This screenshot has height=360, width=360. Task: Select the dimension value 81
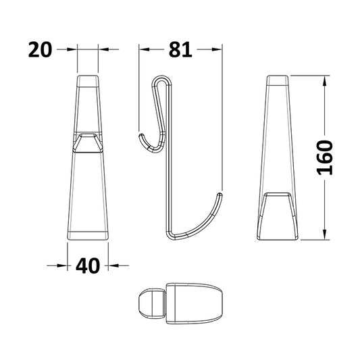[x=180, y=49]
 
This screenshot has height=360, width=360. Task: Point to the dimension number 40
[x=88, y=265]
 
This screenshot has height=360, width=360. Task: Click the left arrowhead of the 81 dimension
[x=143, y=49]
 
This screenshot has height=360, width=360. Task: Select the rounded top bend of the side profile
[x=160, y=79]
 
